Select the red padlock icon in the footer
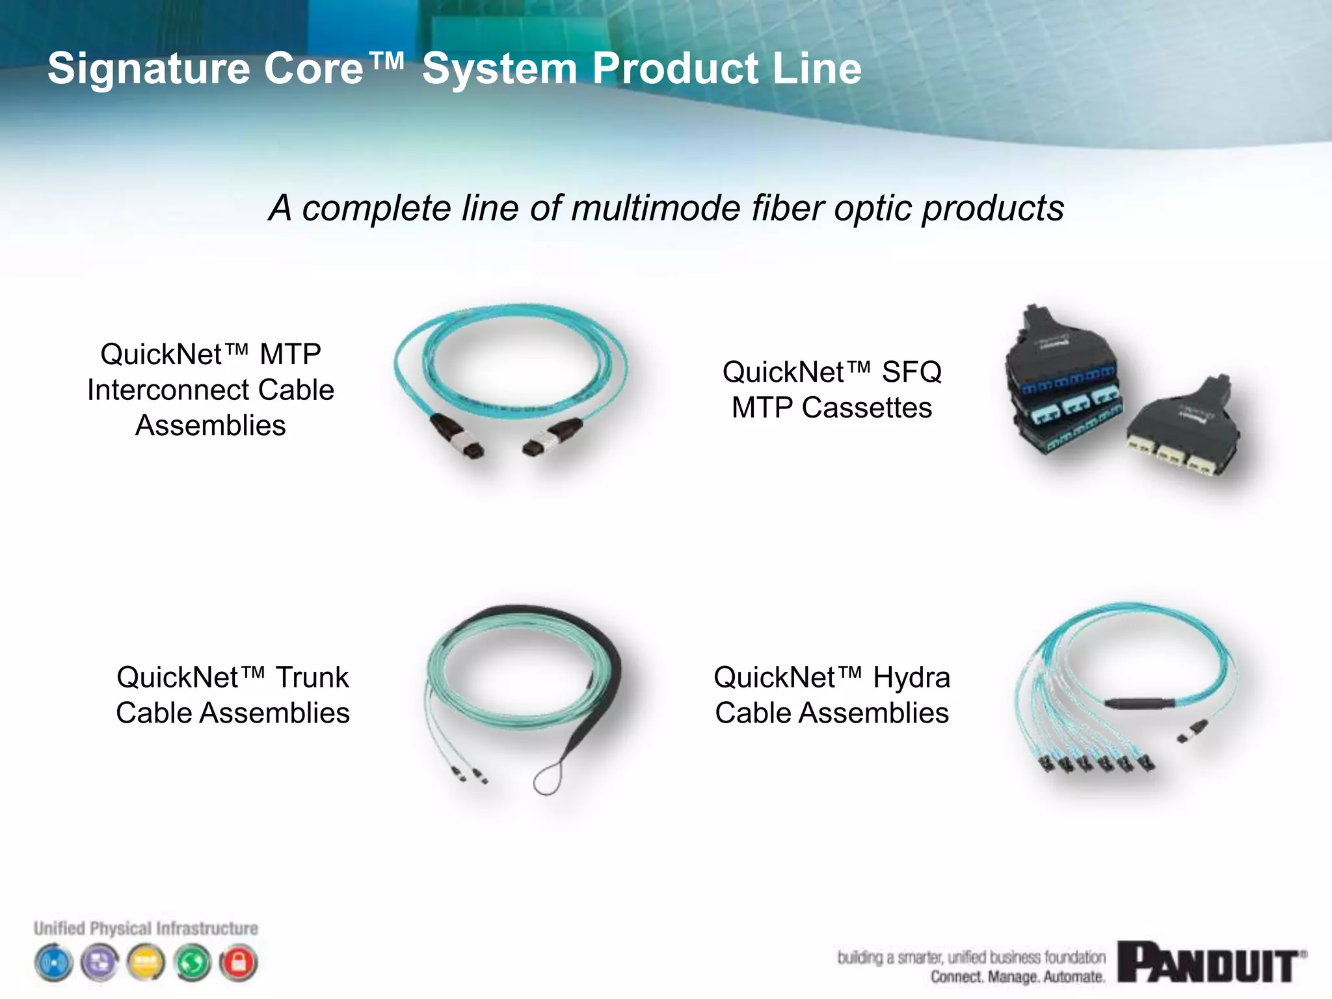[238, 963]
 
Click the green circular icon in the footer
[193, 963]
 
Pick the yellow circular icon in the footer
[146, 963]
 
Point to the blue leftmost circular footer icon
[54, 963]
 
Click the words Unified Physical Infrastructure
[146, 928]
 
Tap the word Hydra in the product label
[911, 678]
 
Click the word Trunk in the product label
[312, 678]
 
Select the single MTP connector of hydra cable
[1192, 730]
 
